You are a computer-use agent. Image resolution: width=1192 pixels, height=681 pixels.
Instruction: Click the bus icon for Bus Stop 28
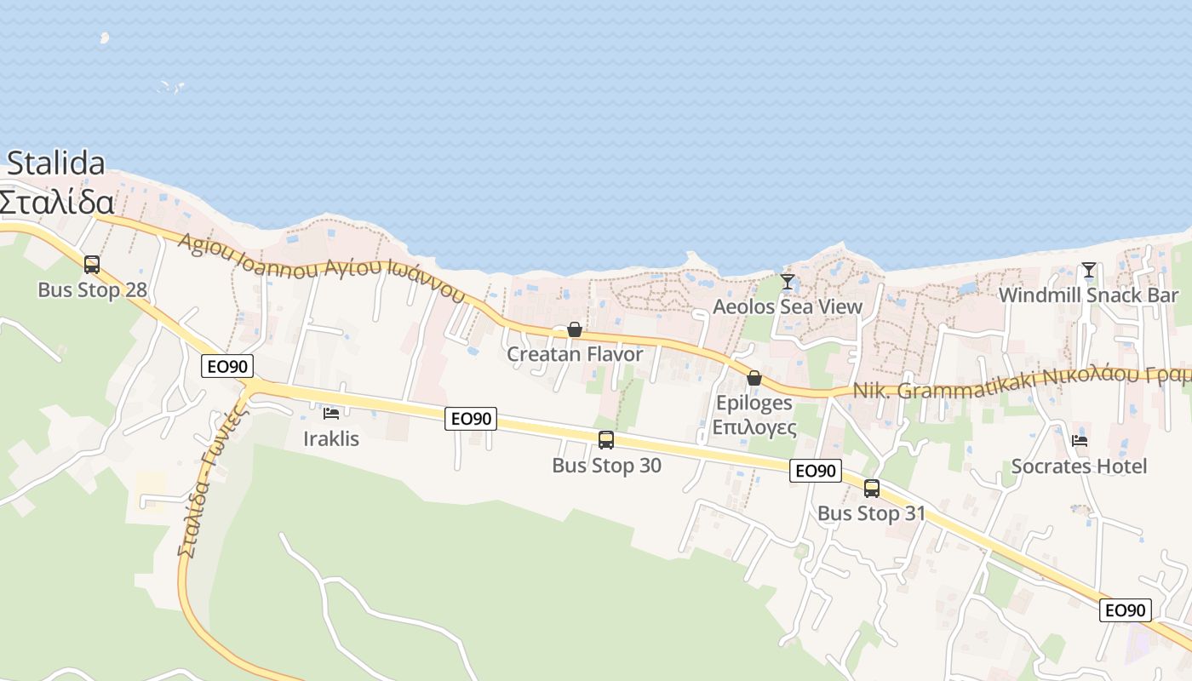click(92, 265)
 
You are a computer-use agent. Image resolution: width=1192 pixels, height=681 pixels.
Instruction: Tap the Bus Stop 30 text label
click(606, 466)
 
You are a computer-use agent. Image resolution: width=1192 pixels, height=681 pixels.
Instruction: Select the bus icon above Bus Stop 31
click(872, 489)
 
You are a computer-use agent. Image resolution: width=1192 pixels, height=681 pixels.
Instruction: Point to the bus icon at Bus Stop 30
click(606, 440)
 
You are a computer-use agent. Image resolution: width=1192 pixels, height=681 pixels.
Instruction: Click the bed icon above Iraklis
click(331, 414)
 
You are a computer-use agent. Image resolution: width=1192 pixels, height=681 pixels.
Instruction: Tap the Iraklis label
click(331, 439)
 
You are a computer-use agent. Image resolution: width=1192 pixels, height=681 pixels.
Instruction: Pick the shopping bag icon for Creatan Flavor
click(575, 329)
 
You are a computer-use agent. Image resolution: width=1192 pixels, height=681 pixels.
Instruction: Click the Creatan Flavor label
click(575, 353)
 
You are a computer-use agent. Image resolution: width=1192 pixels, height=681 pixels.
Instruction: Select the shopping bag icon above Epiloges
click(754, 378)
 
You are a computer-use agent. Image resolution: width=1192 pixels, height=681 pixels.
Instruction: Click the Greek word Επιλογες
click(754, 426)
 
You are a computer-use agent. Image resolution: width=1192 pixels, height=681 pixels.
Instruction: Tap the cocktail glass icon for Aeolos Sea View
click(788, 282)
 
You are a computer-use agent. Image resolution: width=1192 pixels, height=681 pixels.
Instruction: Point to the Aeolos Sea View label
click(788, 306)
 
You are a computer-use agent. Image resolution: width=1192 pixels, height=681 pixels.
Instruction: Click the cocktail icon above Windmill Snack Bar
click(1088, 271)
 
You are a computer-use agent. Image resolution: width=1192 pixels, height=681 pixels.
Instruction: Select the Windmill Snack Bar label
click(1088, 295)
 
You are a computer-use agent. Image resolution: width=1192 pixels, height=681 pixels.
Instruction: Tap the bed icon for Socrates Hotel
click(1080, 441)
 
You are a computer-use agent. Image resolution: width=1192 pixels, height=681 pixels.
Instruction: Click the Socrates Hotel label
click(1080, 466)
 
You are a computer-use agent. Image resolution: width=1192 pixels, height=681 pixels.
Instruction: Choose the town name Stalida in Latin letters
click(56, 163)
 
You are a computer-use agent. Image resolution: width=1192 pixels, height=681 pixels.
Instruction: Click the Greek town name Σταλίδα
click(56, 203)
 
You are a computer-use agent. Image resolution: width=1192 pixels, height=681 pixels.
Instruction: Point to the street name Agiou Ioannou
click(247, 255)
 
